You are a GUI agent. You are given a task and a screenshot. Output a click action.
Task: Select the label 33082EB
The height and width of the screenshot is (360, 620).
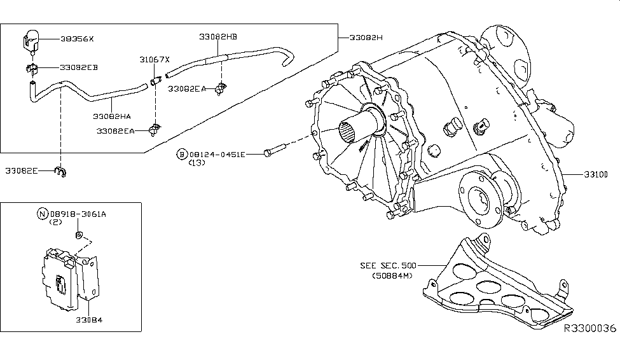78,67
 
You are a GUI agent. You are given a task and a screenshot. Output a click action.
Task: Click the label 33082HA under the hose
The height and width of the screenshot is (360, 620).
113,117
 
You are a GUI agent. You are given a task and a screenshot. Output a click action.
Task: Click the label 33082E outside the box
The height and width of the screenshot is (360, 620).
22,170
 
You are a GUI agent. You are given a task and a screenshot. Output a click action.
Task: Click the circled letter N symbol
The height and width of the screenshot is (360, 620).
42,214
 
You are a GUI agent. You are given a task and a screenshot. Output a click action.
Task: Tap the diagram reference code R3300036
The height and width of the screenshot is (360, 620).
589,328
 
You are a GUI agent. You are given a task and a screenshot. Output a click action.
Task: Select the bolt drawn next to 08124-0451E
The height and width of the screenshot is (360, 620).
273,151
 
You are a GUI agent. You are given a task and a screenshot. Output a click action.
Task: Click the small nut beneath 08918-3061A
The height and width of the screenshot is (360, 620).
78,235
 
